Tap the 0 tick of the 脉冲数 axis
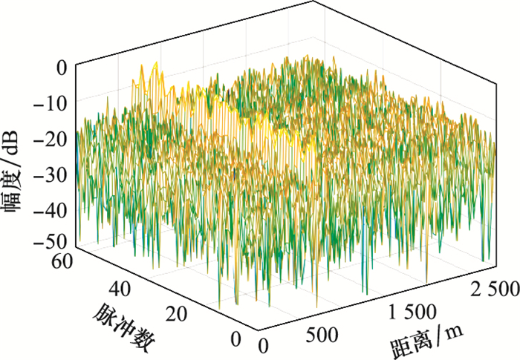coord(235,339)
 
